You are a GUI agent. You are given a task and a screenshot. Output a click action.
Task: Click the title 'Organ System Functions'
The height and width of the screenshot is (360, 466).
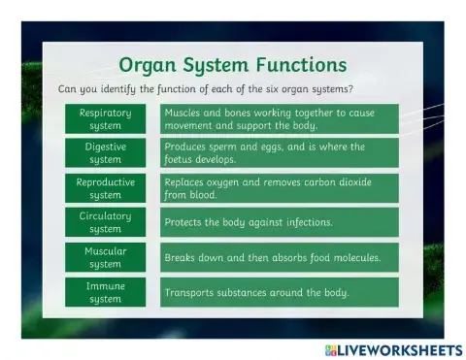point(232,65)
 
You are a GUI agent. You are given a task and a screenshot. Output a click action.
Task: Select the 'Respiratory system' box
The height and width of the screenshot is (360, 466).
point(105,118)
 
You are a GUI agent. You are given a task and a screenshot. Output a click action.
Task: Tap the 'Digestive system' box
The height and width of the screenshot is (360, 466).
point(105,152)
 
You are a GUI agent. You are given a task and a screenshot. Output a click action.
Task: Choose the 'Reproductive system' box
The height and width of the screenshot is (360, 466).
point(105,187)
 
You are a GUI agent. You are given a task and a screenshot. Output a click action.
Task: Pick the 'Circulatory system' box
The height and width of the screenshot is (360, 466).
point(105,222)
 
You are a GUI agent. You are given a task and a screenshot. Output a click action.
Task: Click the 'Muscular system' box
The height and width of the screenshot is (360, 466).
point(105,257)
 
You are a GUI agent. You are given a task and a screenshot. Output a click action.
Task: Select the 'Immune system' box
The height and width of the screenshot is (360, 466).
point(105,292)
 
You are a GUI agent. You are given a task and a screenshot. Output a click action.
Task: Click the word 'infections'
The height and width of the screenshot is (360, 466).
point(306,222)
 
